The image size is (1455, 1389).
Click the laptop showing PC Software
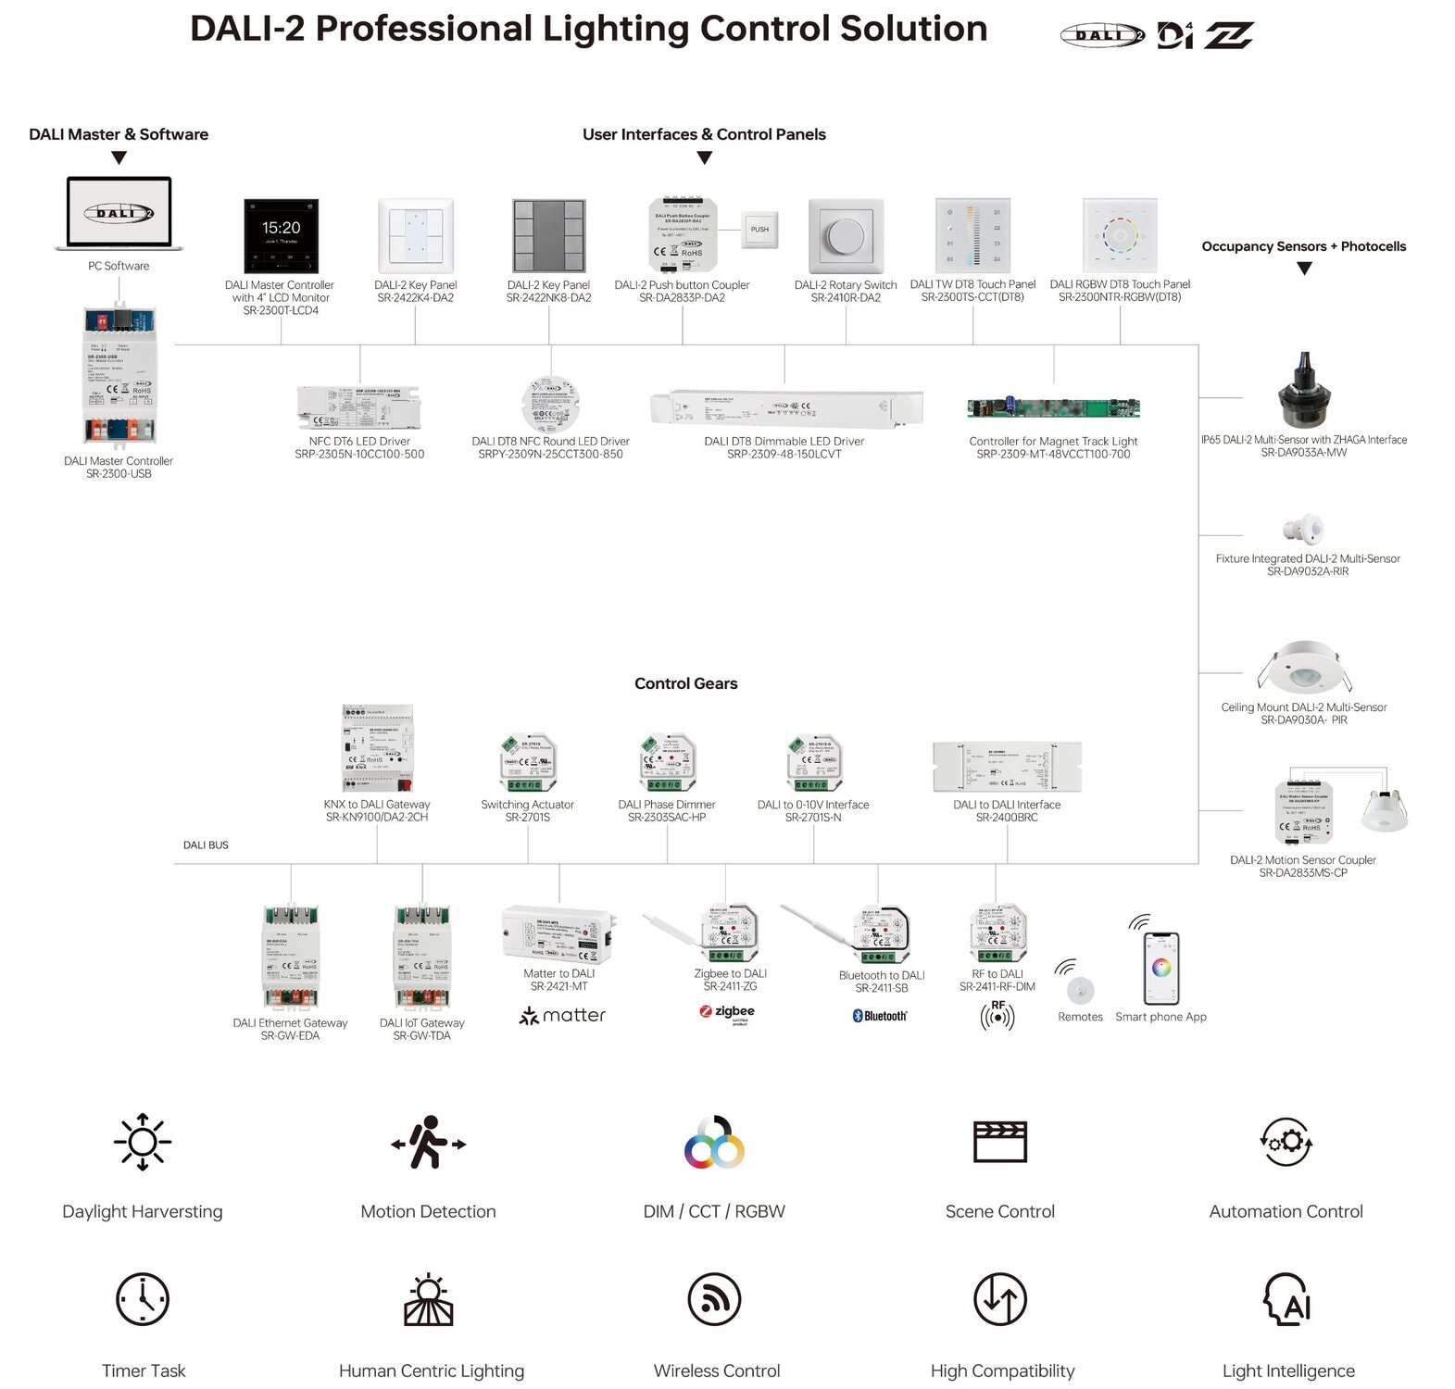click(x=119, y=214)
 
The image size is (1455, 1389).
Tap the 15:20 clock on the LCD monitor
click(x=281, y=228)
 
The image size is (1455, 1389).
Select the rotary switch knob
click(x=846, y=237)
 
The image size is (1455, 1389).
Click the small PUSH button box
click(x=759, y=230)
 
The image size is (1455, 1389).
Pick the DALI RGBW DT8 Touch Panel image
click(x=1120, y=235)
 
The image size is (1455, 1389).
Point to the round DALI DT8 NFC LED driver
click(x=550, y=406)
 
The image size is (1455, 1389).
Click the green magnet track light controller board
click(x=1053, y=407)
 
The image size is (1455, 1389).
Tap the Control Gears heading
click(x=685, y=683)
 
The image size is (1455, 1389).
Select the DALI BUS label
click(x=206, y=845)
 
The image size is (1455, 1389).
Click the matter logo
click(x=562, y=1016)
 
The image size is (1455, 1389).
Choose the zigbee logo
click(x=728, y=1012)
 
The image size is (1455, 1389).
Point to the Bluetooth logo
click(x=879, y=1016)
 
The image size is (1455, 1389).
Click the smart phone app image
click(x=1160, y=968)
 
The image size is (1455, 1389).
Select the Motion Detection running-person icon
click(x=428, y=1143)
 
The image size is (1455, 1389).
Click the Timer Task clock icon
click(x=143, y=1299)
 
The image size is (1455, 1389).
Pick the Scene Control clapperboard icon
click(x=999, y=1142)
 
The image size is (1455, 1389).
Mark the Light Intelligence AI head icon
click(x=1287, y=1299)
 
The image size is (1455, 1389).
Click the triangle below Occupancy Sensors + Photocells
click(x=1304, y=269)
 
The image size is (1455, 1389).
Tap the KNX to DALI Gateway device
click(x=377, y=748)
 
